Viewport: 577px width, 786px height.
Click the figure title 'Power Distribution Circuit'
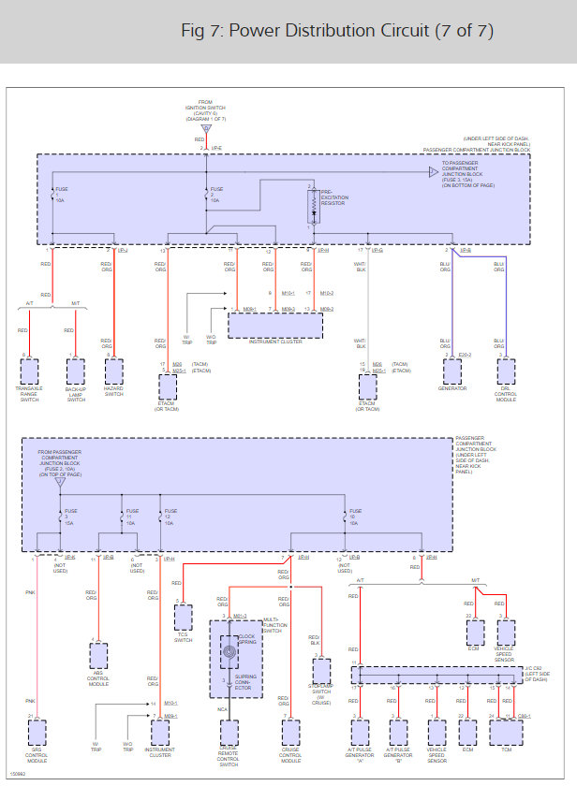336,31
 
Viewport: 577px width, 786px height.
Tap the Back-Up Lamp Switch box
76,371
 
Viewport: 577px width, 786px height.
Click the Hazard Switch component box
114,371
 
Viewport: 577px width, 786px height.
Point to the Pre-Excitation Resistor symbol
310,210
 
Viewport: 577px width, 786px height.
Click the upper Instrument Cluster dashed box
275,326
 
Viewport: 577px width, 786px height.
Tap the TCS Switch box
184,617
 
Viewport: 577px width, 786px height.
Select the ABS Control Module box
97,655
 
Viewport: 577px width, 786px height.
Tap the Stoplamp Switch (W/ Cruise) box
321,671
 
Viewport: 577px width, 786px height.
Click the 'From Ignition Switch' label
205,110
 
